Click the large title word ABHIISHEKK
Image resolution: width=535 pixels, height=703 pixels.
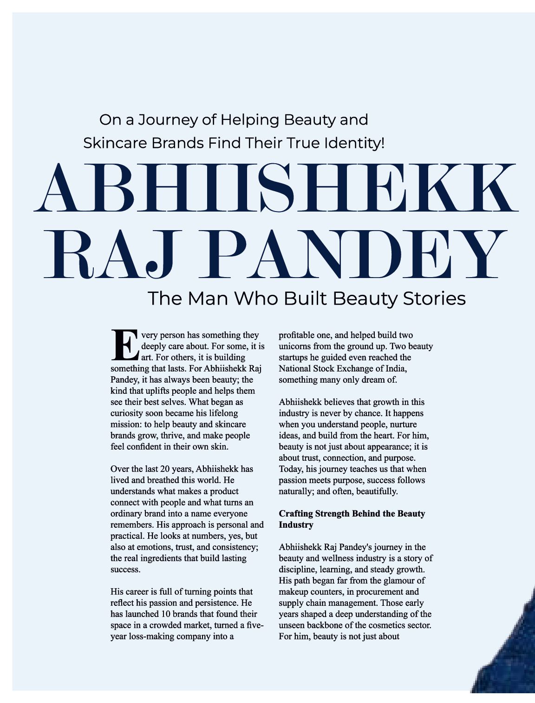click(x=276, y=188)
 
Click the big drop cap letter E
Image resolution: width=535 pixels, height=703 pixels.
click(x=124, y=345)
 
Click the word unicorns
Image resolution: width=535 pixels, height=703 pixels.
click(x=295, y=346)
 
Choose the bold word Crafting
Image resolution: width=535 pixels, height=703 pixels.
click(x=295, y=514)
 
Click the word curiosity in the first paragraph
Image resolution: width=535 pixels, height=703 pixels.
click(x=128, y=413)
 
